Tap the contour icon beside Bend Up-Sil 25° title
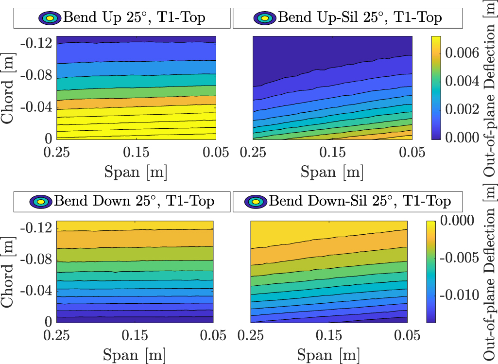(x=264, y=18)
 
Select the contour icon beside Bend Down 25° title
(x=41, y=201)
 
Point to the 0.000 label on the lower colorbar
(x=459, y=220)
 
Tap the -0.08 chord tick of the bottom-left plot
(x=37, y=260)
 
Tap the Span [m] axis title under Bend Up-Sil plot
(x=331, y=172)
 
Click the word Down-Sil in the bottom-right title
(x=349, y=201)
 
